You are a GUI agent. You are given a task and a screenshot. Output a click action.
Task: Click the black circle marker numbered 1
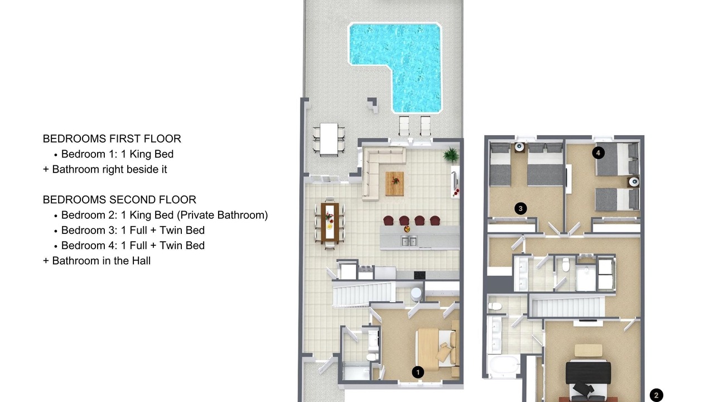(x=418, y=372)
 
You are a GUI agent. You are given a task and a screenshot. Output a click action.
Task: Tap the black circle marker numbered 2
(x=657, y=395)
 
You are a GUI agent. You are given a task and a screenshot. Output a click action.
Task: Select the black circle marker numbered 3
(x=520, y=209)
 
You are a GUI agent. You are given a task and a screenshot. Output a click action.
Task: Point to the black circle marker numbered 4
(x=599, y=153)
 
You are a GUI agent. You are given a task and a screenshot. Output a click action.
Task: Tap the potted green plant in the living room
(x=451, y=155)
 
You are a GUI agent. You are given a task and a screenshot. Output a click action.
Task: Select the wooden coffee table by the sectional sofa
(x=394, y=184)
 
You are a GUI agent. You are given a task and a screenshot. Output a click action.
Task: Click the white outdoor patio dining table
(x=329, y=139)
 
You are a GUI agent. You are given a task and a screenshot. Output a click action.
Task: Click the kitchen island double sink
(x=409, y=241)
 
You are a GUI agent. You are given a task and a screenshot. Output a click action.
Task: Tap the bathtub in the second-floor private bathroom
(x=504, y=366)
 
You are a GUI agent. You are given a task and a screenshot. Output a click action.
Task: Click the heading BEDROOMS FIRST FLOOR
(x=112, y=139)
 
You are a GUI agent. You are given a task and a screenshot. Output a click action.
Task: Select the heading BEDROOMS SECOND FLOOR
(x=119, y=200)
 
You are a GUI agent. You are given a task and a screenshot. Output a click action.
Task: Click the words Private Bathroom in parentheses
(x=224, y=215)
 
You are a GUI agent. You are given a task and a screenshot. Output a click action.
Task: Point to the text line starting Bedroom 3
(x=133, y=231)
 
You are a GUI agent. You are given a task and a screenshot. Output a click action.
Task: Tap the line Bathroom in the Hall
(x=97, y=261)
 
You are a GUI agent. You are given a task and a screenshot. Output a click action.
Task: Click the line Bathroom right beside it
(x=105, y=169)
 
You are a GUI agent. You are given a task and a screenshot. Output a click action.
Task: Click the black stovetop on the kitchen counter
(x=419, y=275)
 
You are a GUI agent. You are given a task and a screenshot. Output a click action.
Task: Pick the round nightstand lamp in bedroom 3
(x=519, y=147)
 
